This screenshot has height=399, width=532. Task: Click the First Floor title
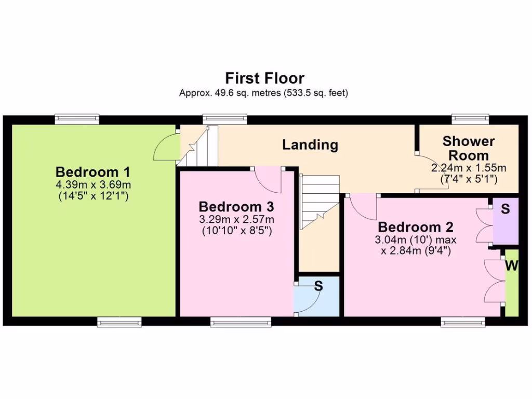(x=264, y=78)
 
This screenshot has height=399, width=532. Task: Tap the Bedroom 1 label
(x=93, y=171)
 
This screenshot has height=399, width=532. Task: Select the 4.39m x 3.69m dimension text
(x=93, y=184)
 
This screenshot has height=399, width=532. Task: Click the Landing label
(x=310, y=145)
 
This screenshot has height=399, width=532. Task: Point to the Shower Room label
(x=469, y=148)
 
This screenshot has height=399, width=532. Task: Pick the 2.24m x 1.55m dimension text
(x=469, y=169)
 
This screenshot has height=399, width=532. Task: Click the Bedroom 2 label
(x=416, y=227)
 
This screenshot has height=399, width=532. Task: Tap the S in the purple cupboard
(x=506, y=210)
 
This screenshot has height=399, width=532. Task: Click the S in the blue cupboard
(x=318, y=285)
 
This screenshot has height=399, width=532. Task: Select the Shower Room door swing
(x=431, y=173)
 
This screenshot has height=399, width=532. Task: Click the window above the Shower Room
(x=470, y=119)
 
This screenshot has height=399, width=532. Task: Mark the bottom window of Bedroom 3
(x=241, y=323)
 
